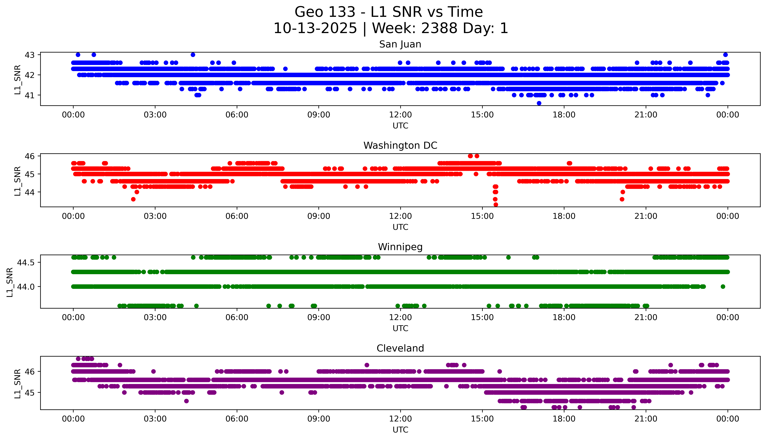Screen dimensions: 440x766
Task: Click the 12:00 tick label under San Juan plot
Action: (400, 115)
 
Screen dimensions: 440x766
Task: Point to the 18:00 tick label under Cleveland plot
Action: (564, 419)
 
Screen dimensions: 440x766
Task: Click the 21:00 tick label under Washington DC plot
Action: (646, 216)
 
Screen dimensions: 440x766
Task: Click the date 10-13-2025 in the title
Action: (315, 28)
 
